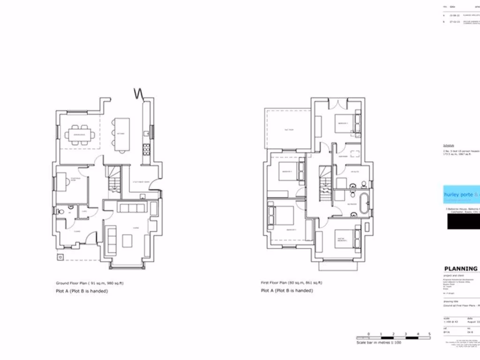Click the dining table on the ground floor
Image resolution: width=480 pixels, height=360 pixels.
pos(80,135)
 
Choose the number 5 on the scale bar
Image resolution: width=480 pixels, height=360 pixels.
pos(430,334)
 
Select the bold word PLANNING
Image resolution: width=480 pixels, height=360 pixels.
pos(460,269)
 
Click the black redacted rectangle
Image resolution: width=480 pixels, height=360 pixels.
pos(463,223)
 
